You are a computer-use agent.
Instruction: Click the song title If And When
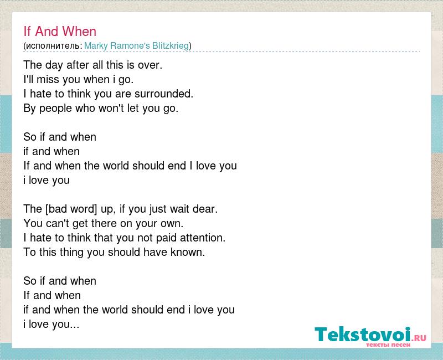pyautogui.click(x=60, y=31)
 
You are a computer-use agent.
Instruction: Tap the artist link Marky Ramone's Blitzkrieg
pyautogui.click(x=136, y=45)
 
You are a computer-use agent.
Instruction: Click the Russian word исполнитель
pyautogui.click(x=53, y=46)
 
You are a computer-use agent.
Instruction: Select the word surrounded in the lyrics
pyautogui.click(x=163, y=94)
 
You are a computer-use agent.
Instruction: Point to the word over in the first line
pyautogui.click(x=150, y=65)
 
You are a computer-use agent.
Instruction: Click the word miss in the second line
pyautogui.click(x=48, y=79)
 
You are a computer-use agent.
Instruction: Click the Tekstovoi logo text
pyautogui.click(x=363, y=335)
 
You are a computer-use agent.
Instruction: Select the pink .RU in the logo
pyautogui.click(x=419, y=337)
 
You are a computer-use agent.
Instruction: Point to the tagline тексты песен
pyautogui.click(x=388, y=344)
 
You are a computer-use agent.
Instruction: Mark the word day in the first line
pyautogui.click(x=54, y=65)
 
